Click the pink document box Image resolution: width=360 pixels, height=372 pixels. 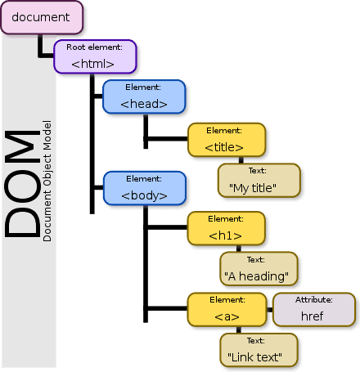pos(41,17)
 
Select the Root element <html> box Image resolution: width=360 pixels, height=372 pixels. pos(94,56)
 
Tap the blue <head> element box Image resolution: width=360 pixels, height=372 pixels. pos(144,96)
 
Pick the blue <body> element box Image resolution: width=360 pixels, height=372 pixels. pos(144,188)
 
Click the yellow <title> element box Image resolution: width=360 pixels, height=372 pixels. pos(225,141)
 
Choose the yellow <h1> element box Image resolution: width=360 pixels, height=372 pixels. pos(225,229)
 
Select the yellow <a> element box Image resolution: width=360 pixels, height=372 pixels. pos(227,309)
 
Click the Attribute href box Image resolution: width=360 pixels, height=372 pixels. pos(314,309)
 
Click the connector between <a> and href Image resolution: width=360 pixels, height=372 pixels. pos(269,309)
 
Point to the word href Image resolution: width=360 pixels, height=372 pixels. pos(314,316)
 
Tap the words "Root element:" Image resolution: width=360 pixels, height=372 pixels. pos(94,47)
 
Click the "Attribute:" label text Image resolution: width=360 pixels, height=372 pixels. pos(314,300)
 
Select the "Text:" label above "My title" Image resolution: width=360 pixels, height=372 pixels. pos(256,172)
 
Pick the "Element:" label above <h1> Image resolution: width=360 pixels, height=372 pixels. pos(226,219)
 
